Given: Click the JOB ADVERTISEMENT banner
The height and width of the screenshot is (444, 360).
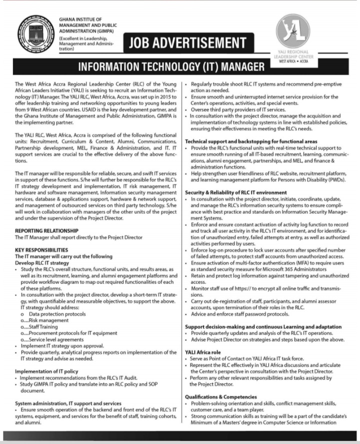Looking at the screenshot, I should (188, 43).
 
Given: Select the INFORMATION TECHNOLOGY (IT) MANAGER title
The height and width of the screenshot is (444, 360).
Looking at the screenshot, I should (171, 66).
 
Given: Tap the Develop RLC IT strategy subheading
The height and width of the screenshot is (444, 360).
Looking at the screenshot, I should (42, 262).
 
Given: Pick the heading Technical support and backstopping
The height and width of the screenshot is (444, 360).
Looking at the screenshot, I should (250, 142).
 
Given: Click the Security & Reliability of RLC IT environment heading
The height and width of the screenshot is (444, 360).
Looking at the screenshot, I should (235, 192).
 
